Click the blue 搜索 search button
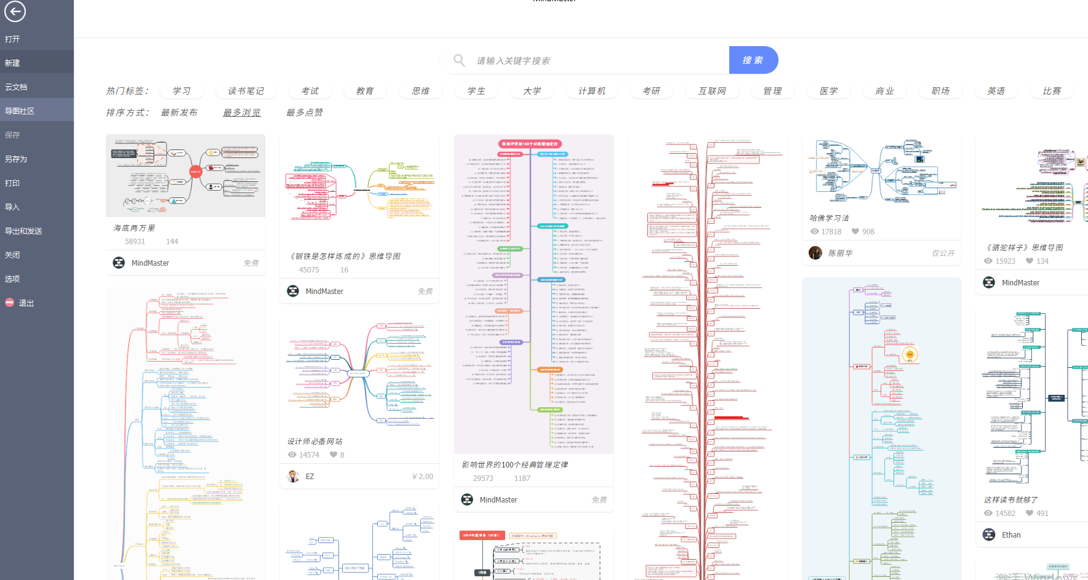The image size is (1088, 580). (x=753, y=60)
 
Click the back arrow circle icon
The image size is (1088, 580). (x=15, y=11)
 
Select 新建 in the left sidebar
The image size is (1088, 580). (x=12, y=63)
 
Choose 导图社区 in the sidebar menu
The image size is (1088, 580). (x=20, y=111)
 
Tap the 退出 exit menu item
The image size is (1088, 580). (x=26, y=303)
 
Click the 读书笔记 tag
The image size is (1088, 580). (x=246, y=91)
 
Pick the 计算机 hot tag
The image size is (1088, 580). (x=591, y=91)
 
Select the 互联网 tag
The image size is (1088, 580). (x=712, y=91)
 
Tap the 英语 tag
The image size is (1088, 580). (x=996, y=91)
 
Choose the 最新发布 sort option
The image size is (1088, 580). (x=179, y=113)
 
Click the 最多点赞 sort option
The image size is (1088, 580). (x=305, y=113)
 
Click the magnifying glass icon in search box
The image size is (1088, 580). (x=459, y=60)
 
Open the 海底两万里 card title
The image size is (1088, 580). (x=134, y=228)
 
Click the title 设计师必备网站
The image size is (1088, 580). (x=314, y=442)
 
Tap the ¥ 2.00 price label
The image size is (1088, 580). (x=423, y=477)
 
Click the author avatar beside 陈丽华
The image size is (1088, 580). (x=815, y=253)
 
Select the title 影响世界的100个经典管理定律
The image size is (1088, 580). (x=515, y=465)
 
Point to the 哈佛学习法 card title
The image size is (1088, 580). (x=829, y=218)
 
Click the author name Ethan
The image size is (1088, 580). (x=1011, y=535)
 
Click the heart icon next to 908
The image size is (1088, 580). (x=855, y=232)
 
